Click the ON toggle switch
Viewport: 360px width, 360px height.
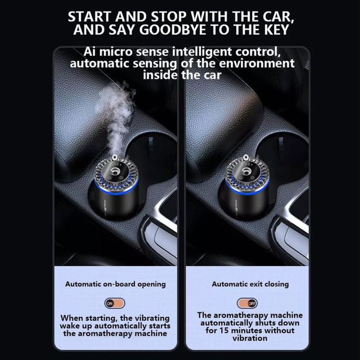point(115,303)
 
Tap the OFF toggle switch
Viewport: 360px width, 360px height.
point(247,303)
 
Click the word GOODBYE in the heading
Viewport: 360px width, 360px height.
point(173,30)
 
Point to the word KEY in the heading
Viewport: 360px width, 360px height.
point(276,30)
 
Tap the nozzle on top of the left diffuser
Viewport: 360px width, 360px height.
point(114,157)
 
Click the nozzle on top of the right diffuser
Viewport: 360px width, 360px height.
point(246,157)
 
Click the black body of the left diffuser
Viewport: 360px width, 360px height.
point(114,204)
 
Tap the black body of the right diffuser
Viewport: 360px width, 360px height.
point(244,205)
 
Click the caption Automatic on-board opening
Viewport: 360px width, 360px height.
point(116,284)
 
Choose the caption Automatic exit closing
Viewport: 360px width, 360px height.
point(250,284)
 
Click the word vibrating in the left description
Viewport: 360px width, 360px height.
point(152,318)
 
